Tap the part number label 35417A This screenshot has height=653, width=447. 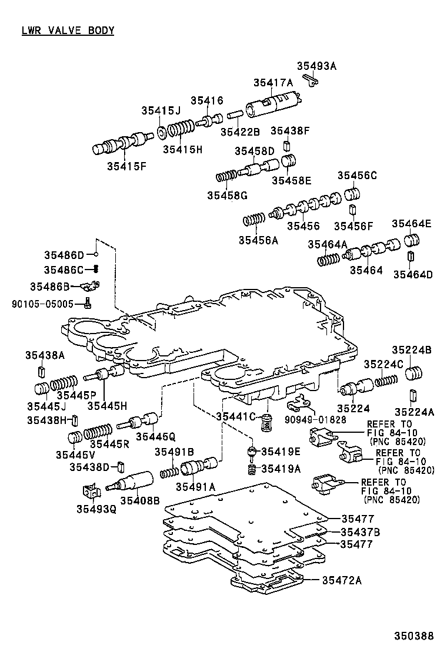pyautogui.click(x=273, y=83)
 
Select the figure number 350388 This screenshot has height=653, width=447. pyautogui.click(x=413, y=636)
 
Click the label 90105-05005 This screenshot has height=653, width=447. pyautogui.click(x=42, y=304)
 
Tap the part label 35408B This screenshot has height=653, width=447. pyautogui.click(x=140, y=500)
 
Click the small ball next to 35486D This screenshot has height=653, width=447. pyautogui.click(x=96, y=255)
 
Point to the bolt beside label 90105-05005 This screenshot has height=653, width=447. pyautogui.click(x=87, y=303)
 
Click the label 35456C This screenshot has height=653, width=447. pyautogui.click(x=357, y=176)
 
